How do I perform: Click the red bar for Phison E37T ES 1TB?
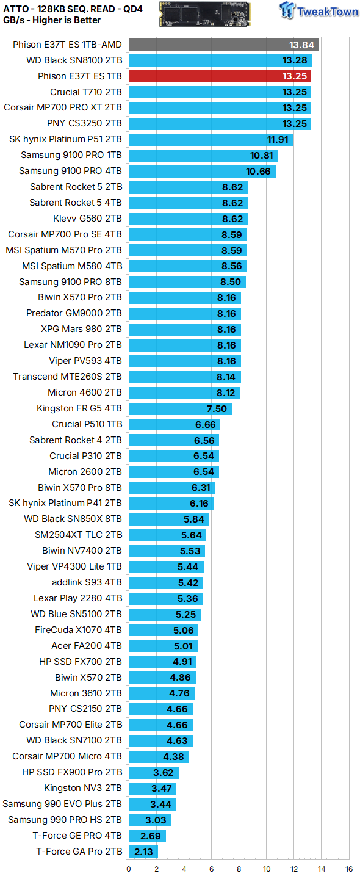220,76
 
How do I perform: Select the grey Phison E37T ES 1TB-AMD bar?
224,45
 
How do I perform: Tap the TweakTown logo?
319,10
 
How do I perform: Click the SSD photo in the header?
205,14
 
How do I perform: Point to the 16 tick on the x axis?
349,869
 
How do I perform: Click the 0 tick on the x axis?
129,869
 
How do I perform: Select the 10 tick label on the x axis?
267,869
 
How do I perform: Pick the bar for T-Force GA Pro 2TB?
143,852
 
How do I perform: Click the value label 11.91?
278,140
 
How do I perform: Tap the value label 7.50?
217,409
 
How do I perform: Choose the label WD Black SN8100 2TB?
74,60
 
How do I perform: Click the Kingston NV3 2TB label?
83,788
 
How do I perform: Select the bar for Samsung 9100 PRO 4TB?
203,171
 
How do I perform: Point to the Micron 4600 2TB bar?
185,393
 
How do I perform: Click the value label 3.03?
156,820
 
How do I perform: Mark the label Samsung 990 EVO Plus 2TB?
62,804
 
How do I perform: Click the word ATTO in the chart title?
16,9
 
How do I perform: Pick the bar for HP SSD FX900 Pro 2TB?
154,772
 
